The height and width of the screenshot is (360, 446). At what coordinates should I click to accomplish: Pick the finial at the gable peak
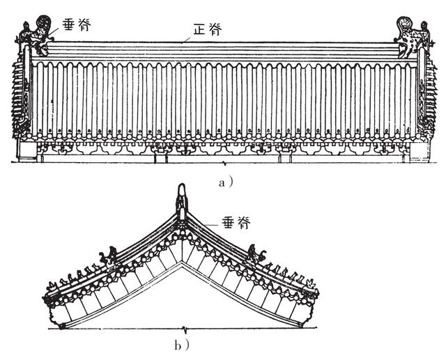point(181,198)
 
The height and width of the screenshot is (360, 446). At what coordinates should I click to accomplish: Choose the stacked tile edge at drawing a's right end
point(426,97)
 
